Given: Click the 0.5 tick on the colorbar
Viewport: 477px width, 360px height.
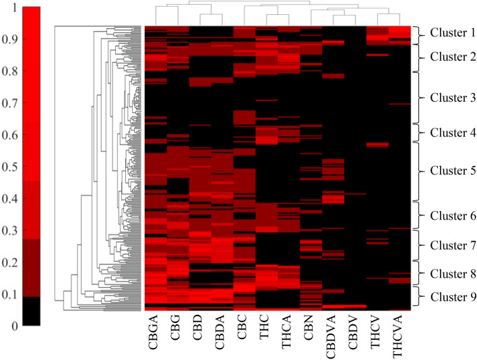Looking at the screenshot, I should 7,167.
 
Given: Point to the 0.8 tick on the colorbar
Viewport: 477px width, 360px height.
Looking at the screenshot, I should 7,72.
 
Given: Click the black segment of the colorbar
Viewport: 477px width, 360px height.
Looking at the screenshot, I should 31,311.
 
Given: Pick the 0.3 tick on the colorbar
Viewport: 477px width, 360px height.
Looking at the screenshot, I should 7,231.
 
